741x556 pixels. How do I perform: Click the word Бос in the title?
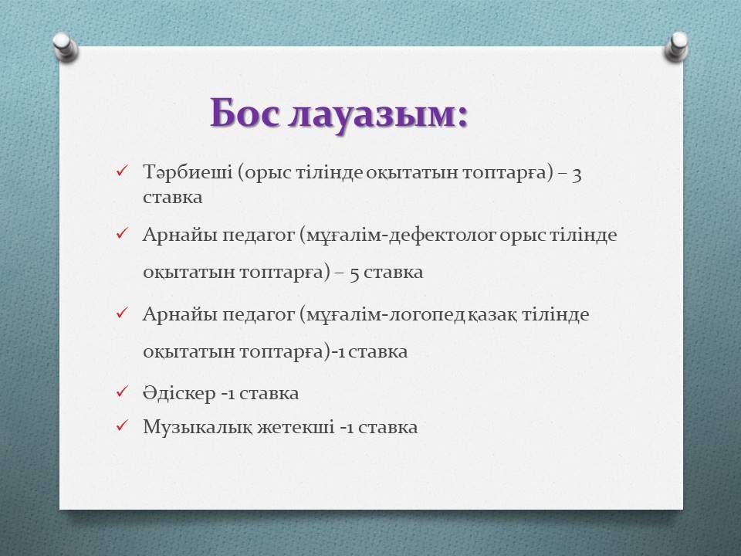[245, 114]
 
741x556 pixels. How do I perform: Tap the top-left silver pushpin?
[65, 47]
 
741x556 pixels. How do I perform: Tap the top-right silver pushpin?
[676, 47]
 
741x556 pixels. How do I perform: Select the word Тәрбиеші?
[188, 171]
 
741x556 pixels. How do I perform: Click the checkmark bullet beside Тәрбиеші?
[121, 171]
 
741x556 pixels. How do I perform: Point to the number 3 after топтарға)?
[576, 175]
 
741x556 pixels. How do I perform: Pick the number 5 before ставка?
[354, 273]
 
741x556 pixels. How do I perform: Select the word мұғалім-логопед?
[386, 314]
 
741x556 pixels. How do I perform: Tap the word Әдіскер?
[179, 393]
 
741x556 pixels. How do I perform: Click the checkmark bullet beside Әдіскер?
[121, 392]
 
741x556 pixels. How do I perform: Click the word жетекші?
[296, 427]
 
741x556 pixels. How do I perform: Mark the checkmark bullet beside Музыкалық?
[121, 425]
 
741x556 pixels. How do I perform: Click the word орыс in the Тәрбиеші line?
[268, 173]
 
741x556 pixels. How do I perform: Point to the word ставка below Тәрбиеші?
[172, 197]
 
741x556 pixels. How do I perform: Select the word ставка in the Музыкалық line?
[388, 427]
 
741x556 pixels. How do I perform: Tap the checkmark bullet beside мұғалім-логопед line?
[121, 313]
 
